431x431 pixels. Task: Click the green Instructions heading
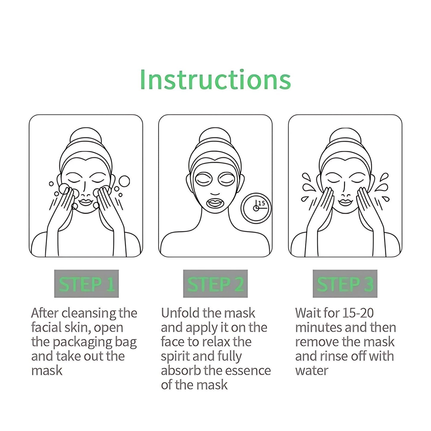tap(215, 80)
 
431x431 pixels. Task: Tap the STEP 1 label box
tap(86, 284)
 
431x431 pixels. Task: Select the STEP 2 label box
tap(215, 284)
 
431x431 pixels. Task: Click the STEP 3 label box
tap(345, 284)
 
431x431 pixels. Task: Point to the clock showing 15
tap(256, 208)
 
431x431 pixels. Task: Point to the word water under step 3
tap(312, 371)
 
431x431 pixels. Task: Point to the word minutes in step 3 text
tap(316, 328)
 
